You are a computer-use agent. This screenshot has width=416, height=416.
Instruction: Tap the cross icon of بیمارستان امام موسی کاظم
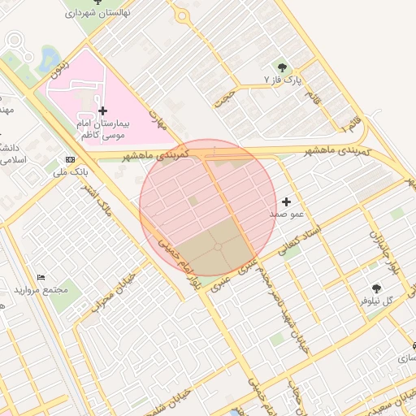102,110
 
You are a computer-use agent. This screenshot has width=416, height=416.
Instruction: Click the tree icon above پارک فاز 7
282,67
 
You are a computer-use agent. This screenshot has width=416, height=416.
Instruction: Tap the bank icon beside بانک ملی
71,159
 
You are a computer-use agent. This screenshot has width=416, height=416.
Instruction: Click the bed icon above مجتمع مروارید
41,277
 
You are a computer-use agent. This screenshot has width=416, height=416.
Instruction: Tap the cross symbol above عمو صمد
286,201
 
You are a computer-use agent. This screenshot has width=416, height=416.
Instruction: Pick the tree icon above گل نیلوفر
376,288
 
